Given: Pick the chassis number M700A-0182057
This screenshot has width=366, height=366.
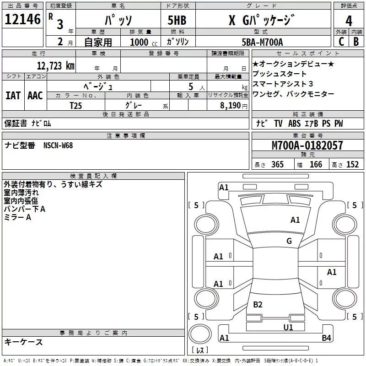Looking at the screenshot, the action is click(307, 145).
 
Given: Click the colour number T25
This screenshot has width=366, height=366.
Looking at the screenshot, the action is click(76, 105).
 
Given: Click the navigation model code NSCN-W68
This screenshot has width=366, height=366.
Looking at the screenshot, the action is click(58, 145).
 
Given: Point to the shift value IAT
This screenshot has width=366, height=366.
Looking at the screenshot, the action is click(13, 96).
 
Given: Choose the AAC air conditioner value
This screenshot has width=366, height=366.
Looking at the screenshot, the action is click(35, 96).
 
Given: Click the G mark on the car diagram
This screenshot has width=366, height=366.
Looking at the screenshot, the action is click(289, 241).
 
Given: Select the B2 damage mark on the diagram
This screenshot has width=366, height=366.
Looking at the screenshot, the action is click(258, 305).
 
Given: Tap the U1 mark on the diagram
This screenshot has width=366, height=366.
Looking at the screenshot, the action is click(288, 327).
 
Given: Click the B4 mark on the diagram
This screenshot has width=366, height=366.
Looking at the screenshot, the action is click(326, 338).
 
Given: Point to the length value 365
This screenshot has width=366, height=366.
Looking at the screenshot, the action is click(277, 165).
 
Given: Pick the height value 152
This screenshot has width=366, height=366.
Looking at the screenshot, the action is click(352, 165).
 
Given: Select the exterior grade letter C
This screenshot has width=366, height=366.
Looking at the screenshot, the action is click(341, 42).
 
